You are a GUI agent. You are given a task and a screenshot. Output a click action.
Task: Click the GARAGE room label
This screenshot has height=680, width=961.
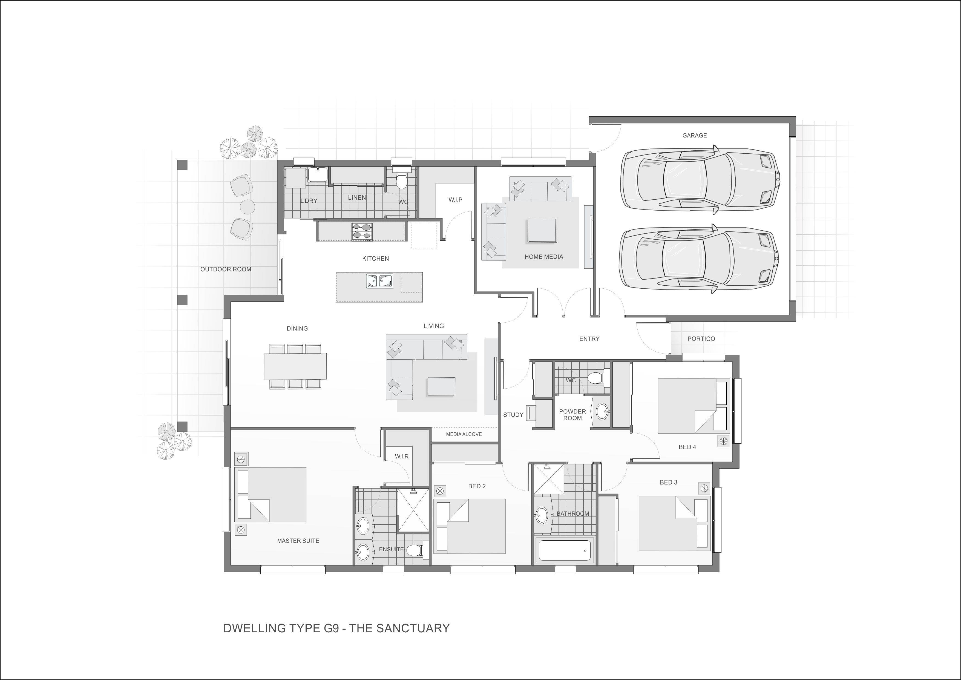pos(694,135)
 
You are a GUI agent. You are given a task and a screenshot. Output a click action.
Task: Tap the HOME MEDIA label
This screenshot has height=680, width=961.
pos(544,257)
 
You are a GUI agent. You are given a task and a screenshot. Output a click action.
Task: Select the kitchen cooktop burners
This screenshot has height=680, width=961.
pos(362,231)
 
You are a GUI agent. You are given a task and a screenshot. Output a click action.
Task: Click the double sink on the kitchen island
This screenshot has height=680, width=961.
pos(379,281)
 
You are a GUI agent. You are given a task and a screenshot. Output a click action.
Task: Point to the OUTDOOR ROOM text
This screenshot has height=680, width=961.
pos(226,269)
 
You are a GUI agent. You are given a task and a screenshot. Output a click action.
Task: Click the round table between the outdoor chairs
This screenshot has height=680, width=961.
pos(247,206)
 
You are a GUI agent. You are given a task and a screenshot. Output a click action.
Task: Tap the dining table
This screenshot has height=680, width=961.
pos(295,366)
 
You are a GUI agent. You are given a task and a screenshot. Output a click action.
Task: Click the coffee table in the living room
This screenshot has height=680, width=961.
pos(441,386)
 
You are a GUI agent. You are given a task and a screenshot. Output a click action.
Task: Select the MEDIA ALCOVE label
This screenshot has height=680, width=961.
pos(464,434)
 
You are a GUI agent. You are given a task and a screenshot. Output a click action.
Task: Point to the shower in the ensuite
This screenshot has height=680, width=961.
pos(413,510)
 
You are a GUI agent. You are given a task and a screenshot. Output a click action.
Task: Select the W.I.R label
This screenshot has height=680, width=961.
pos(402,457)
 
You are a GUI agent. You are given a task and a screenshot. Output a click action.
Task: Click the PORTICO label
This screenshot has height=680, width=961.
pos(701,339)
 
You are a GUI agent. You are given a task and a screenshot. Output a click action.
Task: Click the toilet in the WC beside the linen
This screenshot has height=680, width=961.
pos(401,180)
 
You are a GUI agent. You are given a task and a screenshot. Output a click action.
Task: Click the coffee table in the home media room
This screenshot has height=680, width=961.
pos(542,230)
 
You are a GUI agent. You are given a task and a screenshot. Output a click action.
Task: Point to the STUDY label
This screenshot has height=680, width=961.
pos(513,415)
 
